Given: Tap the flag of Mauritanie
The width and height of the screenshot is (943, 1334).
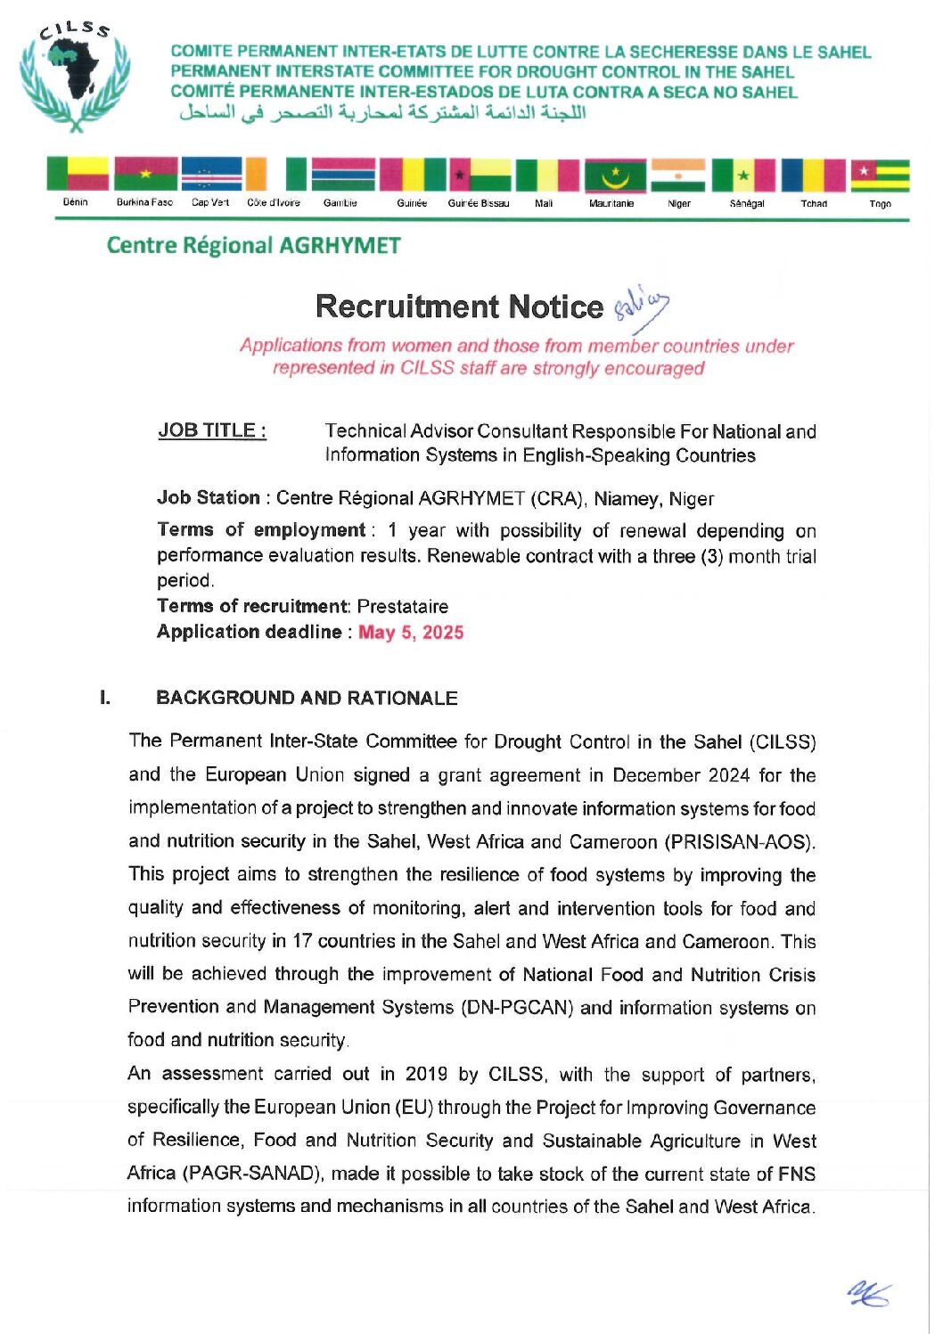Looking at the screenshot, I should point(615,175).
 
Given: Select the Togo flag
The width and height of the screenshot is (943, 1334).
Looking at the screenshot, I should point(880,175).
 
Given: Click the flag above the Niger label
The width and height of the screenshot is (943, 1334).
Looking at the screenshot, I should point(678,175).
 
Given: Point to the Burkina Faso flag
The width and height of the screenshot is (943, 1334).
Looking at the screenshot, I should point(145,174).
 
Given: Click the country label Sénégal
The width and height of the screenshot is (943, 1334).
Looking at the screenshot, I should point(747,204).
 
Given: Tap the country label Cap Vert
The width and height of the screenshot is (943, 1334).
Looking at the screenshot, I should point(210,203).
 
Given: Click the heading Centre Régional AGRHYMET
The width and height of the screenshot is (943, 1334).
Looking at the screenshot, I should point(253,245).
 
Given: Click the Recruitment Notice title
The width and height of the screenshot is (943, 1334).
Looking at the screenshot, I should point(459,307).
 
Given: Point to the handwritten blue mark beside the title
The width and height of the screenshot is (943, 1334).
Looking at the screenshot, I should point(641,306).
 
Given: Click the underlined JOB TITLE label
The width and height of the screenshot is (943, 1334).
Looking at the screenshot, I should point(212,430).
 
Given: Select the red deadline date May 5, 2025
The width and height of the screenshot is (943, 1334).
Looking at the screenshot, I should point(411,633).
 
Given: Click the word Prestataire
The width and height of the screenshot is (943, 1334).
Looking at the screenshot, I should point(403,607).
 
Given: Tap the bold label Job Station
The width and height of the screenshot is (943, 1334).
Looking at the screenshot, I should point(209,498).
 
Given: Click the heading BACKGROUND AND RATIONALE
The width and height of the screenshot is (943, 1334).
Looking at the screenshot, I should point(307,699).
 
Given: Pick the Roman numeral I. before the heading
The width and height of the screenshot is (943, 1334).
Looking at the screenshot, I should point(105,698).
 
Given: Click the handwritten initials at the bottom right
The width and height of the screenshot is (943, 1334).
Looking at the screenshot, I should point(869,1294).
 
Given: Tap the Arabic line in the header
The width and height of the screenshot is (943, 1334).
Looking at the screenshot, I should point(382,113).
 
